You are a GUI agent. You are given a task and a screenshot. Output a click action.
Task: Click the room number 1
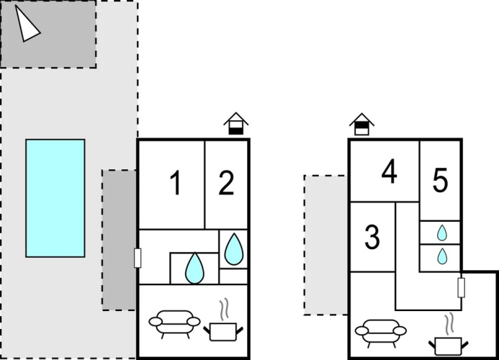click(x=176, y=182)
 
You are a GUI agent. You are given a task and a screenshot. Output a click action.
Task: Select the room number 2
click(x=226, y=182)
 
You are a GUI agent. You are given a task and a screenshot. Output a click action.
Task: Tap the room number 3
click(x=372, y=237)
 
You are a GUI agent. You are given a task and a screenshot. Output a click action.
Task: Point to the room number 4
click(x=390, y=171)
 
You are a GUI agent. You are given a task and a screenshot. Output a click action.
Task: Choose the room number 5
click(x=441, y=180)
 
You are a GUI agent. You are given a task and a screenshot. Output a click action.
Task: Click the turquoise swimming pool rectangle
click(x=55, y=198)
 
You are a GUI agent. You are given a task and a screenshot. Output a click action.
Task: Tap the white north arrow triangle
click(x=27, y=24)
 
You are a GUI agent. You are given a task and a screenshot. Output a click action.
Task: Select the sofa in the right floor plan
click(x=381, y=333)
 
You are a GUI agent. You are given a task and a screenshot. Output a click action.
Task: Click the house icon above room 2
click(x=235, y=124)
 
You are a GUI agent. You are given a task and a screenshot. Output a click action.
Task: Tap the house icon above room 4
click(x=362, y=124)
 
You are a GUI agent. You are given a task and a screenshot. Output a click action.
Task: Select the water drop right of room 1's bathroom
click(x=234, y=250)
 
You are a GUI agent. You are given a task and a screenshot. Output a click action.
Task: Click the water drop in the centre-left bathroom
click(x=194, y=268)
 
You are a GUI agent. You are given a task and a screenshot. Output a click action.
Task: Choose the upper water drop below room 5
click(x=442, y=233)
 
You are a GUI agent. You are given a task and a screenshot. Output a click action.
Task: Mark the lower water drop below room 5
click(x=442, y=256)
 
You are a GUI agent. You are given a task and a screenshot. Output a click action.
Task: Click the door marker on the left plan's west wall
click(x=138, y=258)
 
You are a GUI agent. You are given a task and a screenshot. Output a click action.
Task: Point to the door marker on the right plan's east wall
click(x=461, y=288)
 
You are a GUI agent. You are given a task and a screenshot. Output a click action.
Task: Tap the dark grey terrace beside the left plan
click(x=119, y=240)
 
